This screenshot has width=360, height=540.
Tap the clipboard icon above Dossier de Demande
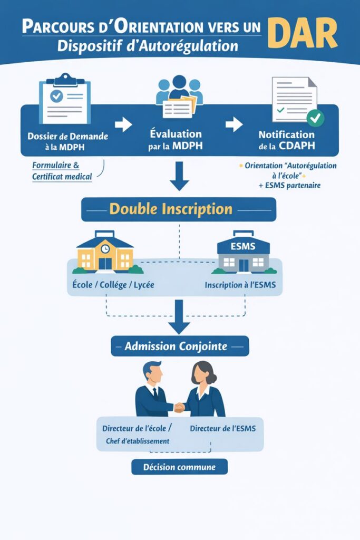(65, 98)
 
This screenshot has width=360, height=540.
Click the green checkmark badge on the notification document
(316, 118)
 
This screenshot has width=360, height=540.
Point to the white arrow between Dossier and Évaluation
(123, 125)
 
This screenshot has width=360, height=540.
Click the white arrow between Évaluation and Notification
(233, 125)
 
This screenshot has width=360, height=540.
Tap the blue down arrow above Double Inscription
(179, 177)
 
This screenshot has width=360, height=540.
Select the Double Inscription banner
(179, 209)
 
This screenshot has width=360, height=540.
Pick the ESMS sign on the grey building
(243, 246)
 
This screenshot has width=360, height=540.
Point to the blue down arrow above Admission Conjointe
(179, 316)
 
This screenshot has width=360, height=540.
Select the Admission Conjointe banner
(180, 346)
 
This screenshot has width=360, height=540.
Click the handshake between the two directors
(180, 407)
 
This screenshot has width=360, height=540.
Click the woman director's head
(202, 372)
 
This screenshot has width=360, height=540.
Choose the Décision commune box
(180, 467)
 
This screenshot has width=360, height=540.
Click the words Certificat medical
(62, 176)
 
